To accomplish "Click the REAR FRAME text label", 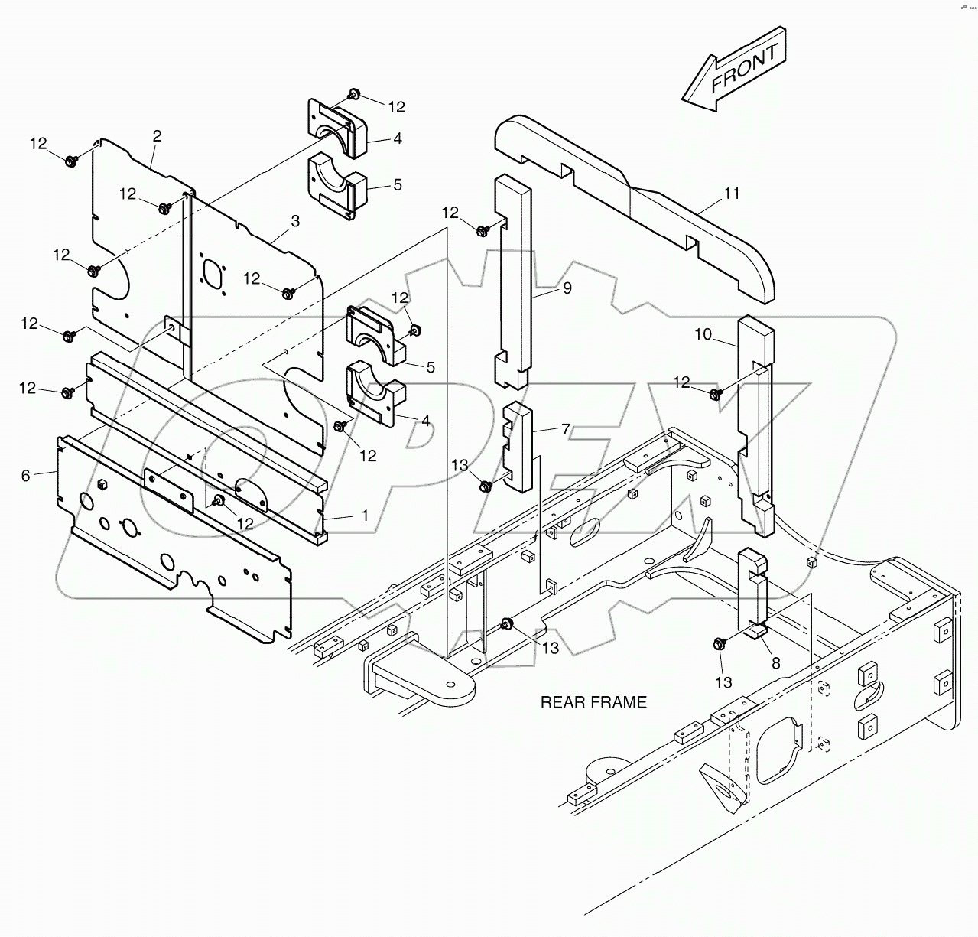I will pos(593,702).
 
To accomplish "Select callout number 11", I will pos(732,194).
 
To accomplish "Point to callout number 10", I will pos(703,334).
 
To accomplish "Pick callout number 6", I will pos(26,476).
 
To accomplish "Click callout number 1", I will pos(365,516).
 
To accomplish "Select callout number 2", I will pos(157,136).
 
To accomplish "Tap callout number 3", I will pos(295,220).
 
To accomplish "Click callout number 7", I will pos(565,429).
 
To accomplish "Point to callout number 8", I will pos(775,664).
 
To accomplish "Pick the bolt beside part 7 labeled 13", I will pos(483,485).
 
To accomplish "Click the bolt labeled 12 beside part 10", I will pos(716,394).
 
